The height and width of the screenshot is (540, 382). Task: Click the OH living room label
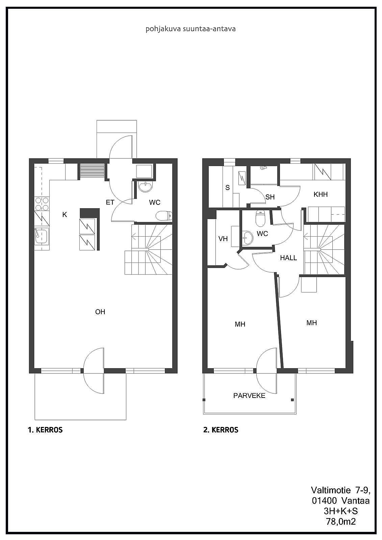point(100,312)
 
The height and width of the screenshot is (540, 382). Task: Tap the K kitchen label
point(65,215)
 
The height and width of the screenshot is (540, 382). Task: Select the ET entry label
point(110,202)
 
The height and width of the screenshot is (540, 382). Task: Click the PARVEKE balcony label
point(249,396)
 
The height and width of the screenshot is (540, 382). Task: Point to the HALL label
point(288,258)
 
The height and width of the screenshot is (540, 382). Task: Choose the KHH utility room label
point(321,194)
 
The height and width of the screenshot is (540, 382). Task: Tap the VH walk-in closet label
point(223,239)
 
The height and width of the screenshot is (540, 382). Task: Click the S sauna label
point(228,188)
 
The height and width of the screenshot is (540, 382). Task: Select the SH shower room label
point(270,197)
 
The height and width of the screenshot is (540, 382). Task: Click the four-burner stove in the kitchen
point(42,204)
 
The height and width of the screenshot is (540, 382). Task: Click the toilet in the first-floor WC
point(164,216)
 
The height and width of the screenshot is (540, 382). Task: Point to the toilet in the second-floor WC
point(260,218)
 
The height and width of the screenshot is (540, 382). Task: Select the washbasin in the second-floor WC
point(247,238)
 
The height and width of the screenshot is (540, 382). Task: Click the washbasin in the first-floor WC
point(146,187)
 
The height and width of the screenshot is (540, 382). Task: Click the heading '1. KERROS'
point(45,430)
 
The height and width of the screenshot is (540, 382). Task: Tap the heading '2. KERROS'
point(221,430)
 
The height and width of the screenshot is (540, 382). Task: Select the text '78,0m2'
point(341,522)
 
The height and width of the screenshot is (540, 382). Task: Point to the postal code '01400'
point(324,501)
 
